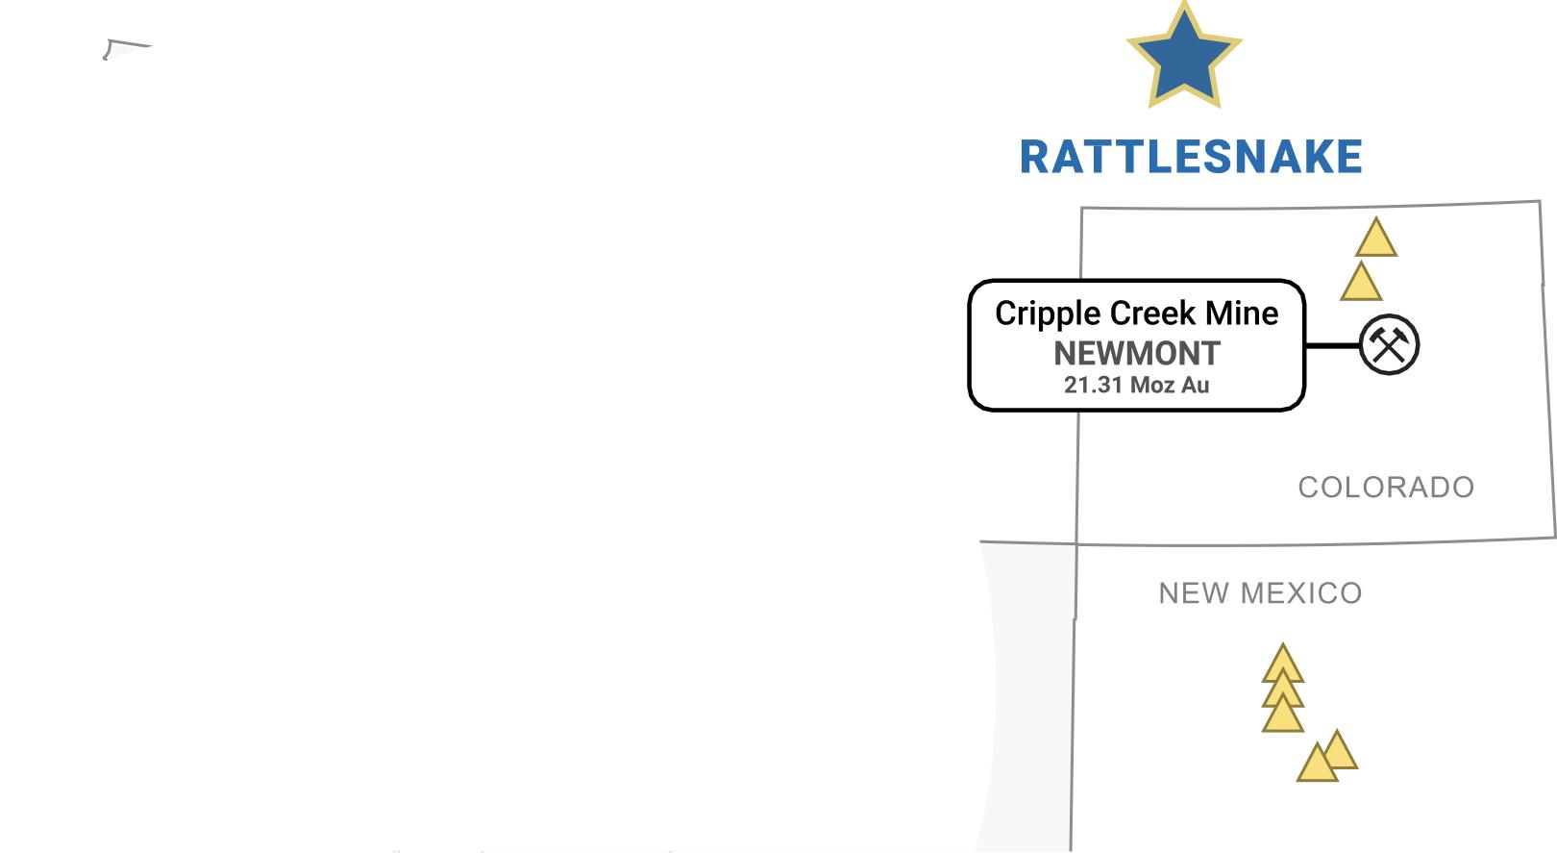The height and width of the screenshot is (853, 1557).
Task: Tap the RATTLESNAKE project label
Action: point(1191,158)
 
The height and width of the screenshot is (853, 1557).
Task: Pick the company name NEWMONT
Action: point(1136,354)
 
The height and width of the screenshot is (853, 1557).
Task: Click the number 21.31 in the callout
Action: point(1093,386)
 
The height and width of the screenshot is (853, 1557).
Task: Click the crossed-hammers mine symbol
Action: point(1389,344)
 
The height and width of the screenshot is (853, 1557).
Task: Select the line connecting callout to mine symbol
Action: point(1332,344)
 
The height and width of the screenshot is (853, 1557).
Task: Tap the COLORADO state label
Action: point(1386,488)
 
